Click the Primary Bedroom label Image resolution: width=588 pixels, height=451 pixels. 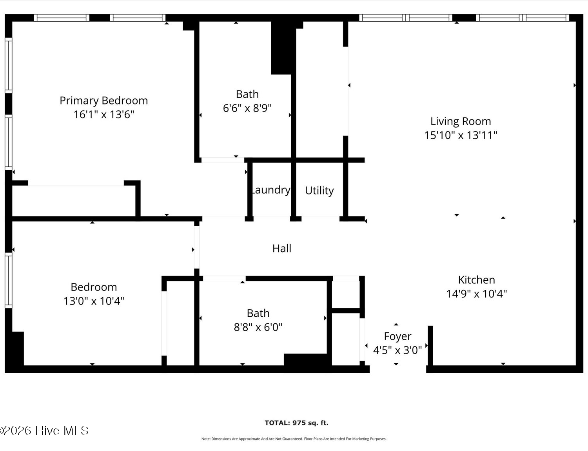click(103, 101)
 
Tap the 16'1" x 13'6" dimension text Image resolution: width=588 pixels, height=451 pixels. click(103, 115)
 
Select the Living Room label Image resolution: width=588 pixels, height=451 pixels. click(461, 122)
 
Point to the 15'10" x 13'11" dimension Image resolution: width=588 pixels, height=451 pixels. click(461, 135)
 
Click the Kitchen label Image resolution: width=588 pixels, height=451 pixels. click(477, 280)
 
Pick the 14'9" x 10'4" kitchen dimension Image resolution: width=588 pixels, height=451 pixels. click(477, 294)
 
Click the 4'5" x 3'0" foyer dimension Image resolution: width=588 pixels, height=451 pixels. click(397, 350)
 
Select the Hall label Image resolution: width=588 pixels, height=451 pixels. click(282, 249)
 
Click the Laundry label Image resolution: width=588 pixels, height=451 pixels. click(271, 190)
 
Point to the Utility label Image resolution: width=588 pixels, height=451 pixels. click(319, 191)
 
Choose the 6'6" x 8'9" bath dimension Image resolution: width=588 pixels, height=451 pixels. click(247, 108)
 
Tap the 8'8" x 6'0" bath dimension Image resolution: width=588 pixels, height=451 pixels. click(258, 327)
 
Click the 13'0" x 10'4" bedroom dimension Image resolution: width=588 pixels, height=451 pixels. click(94, 301)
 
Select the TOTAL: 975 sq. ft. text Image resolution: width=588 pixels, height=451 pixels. click(296, 423)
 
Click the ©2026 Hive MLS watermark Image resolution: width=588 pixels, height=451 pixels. click(44, 431)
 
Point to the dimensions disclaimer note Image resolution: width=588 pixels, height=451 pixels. click(294, 439)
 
